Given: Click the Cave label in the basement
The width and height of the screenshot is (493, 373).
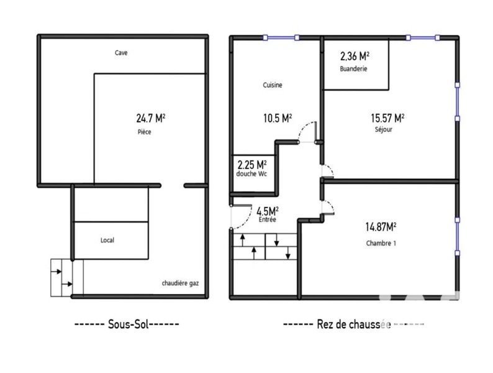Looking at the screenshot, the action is pyautogui.click(x=121, y=53).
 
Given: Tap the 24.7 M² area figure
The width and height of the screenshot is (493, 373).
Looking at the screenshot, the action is pyautogui.click(x=151, y=118).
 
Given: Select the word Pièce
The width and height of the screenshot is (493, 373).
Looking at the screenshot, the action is pyautogui.click(x=144, y=132).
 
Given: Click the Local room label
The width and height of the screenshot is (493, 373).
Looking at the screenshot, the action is pyautogui.click(x=107, y=240).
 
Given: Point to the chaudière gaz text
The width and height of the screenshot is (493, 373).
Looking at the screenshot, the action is pyautogui.click(x=180, y=283).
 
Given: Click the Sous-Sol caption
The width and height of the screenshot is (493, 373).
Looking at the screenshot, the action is pyautogui.click(x=128, y=324).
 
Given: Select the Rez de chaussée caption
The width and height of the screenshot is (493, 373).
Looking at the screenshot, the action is pyautogui.click(x=354, y=325).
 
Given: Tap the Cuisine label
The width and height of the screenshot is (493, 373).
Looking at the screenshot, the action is pyautogui.click(x=273, y=85).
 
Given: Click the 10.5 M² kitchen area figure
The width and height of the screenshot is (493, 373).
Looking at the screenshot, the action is pyautogui.click(x=278, y=118).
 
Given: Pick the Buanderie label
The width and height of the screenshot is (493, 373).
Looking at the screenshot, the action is pyautogui.click(x=353, y=68).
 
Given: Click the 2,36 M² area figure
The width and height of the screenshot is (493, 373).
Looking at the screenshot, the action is pyautogui.click(x=355, y=57).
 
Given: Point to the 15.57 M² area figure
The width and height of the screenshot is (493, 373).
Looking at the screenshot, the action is pyautogui.click(x=387, y=118).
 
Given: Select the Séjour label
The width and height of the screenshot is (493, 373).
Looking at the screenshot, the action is pyautogui.click(x=384, y=129).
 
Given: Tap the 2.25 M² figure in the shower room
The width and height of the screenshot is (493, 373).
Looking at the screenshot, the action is pyautogui.click(x=252, y=165).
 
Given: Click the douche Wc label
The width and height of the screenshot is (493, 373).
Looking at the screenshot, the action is pyautogui.click(x=251, y=173).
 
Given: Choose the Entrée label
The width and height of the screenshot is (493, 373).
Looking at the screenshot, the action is pyautogui.click(x=267, y=219).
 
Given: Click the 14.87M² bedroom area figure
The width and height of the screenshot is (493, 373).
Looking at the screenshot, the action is pyautogui.click(x=381, y=227).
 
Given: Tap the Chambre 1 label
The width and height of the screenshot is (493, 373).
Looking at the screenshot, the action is pyautogui.click(x=381, y=243).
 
